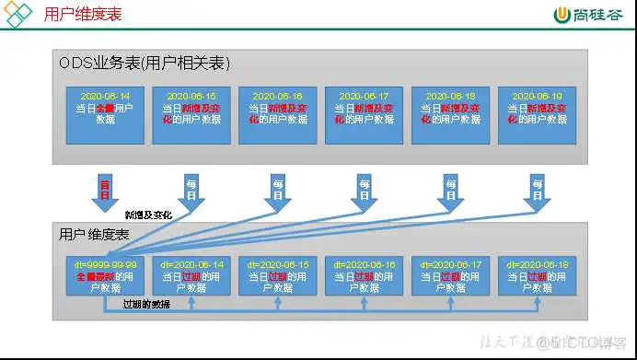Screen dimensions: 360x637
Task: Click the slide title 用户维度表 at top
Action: [x=82, y=15]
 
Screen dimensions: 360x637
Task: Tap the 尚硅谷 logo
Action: [x=588, y=15]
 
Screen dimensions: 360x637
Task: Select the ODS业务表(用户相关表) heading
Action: [x=145, y=63]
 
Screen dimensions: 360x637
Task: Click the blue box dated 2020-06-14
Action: [x=104, y=114]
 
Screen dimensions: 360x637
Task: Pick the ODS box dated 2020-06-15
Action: [x=191, y=114]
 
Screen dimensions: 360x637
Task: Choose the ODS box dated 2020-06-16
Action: [x=277, y=114]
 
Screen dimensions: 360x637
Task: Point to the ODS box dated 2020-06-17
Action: [x=364, y=114]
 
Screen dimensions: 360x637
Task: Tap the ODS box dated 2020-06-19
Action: [x=537, y=114]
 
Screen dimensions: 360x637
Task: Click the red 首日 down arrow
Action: [x=104, y=190]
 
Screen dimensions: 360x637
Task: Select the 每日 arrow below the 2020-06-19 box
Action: [x=537, y=190]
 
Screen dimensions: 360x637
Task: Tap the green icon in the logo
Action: [x=562, y=15]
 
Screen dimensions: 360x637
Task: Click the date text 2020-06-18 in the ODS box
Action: [x=450, y=96]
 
